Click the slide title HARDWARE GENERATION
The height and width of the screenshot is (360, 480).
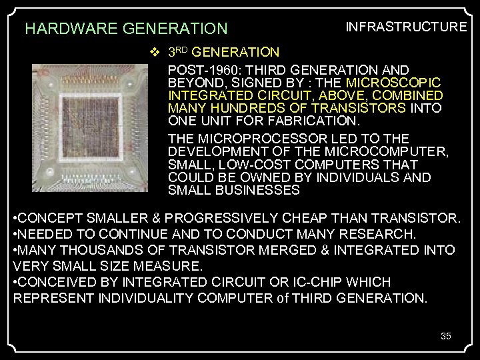click(126, 29)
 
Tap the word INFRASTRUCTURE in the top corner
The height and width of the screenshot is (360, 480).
click(405, 27)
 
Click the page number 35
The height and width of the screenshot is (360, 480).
click(446, 335)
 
